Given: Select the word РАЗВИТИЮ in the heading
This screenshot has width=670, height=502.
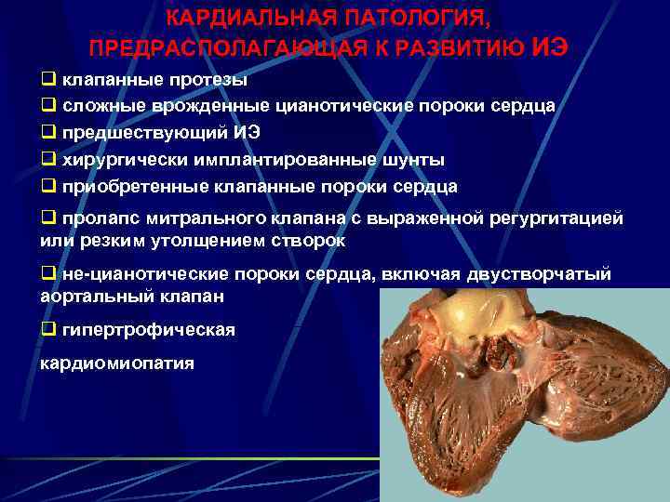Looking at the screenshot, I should point(466,46).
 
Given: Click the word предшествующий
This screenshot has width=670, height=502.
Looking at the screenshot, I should point(142,132).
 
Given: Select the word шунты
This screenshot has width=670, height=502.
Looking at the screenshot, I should point(414,159).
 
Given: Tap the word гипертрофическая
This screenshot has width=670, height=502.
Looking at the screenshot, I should point(150,329).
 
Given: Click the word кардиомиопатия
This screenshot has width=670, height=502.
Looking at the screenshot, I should point(116,363).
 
